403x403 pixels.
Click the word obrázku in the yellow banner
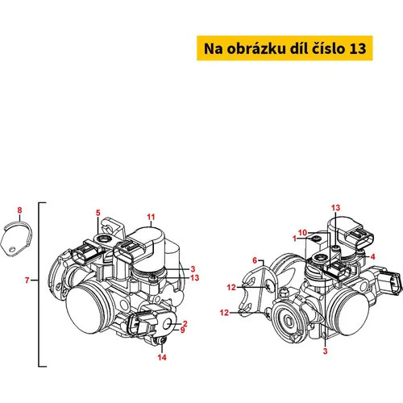(256, 48)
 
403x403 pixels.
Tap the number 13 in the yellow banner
(358, 48)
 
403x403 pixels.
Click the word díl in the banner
(298, 48)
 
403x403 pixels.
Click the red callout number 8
(19, 210)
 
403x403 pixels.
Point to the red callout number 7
(27, 280)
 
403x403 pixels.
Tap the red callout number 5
(98, 213)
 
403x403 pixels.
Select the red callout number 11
(151, 217)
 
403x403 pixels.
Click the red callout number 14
(162, 357)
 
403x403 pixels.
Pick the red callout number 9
(183, 330)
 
